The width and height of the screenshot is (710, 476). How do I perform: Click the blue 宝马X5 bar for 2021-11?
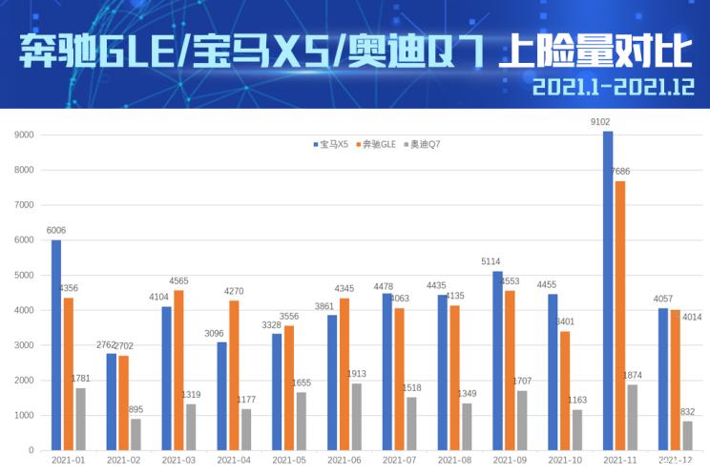point(608,291)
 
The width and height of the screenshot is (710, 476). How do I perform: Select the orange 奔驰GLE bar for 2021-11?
point(620,316)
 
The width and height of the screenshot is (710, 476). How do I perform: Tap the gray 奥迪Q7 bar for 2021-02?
point(136,435)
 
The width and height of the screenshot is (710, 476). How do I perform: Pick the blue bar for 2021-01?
point(56,345)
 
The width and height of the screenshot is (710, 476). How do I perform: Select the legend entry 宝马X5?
point(331,144)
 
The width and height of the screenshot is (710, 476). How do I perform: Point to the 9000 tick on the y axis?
point(24,135)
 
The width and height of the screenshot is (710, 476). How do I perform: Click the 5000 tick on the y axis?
point(24,275)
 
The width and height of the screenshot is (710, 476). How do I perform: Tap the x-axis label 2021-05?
point(288,460)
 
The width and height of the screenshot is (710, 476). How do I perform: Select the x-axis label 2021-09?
point(510,460)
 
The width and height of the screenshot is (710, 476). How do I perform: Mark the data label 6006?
point(55,230)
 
